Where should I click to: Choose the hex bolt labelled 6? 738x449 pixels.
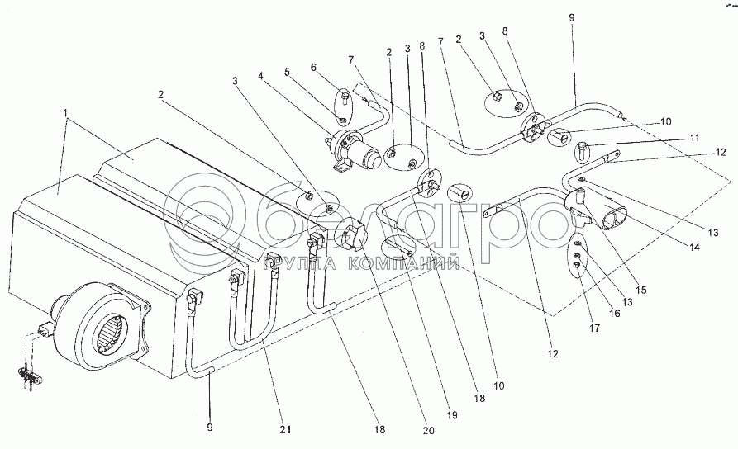(343, 100)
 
